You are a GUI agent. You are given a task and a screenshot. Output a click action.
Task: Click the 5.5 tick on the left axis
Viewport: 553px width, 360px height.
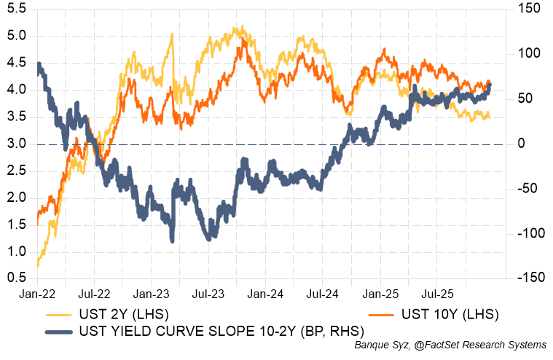pyautogui.click(x=17, y=9)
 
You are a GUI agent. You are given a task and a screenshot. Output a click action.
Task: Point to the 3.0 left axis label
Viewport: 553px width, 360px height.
pyautogui.click(x=17, y=144)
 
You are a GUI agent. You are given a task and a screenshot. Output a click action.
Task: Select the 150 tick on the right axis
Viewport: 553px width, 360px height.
pyautogui.click(x=526, y=9)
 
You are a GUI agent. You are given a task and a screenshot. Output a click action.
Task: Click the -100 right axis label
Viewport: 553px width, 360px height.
pyautogui.click(x=526, y=234)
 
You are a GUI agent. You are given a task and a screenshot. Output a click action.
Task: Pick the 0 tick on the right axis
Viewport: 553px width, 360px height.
pyautogui.click(x=520, y=144)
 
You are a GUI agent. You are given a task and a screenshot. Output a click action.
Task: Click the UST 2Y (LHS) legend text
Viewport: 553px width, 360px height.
pyautogui.click(x=129, y=314)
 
